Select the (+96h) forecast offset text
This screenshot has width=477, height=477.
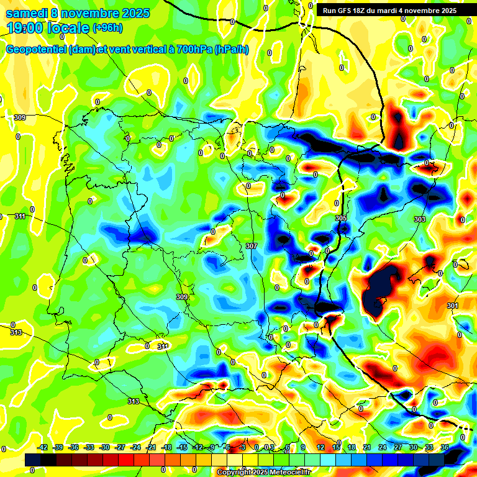(x=107, y=28)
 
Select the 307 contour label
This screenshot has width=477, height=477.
(x=251, y=246)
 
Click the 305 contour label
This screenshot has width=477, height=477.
(x=340, y=218)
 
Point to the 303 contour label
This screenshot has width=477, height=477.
(x=419, y=219)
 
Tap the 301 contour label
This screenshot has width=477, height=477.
(x=452, y=306)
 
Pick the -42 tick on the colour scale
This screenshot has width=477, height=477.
(x=42, y=447)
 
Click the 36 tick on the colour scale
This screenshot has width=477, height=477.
(x=445, y=447)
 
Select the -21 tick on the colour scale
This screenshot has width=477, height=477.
(x=151, y=447)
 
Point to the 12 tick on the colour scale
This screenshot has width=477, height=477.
(x=320, y=447)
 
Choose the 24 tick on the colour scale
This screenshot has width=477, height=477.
(x=383, y=447)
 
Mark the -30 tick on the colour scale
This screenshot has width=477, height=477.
(x=104, y=447)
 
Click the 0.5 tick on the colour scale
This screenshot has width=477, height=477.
(x=268, y=447)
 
